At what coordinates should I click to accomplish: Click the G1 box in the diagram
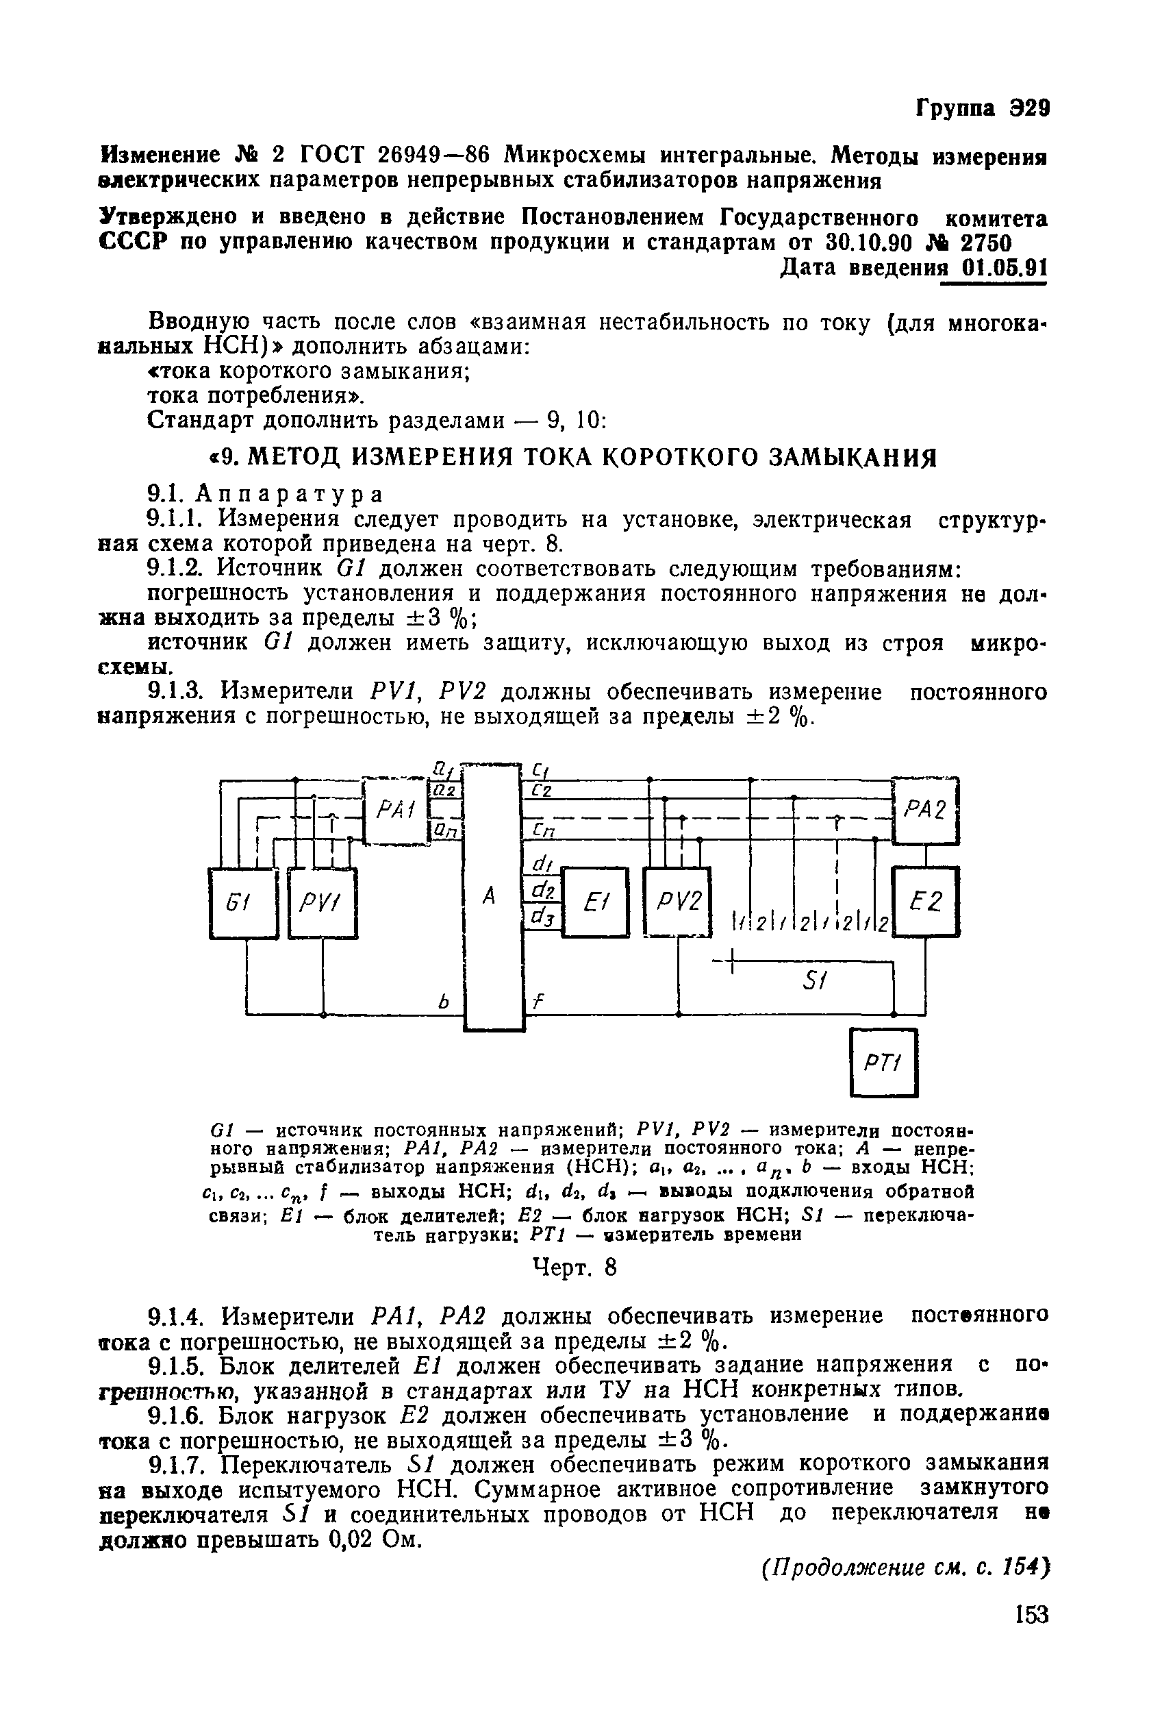pyautogui.click(x=243, y=902)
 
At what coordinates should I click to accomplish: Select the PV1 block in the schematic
pyautogui.click(x=323, y=902)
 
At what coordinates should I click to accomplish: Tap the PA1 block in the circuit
pyautogui.click(x=396, y=810)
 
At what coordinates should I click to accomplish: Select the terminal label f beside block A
pyautogui.click(x=536, y=1002)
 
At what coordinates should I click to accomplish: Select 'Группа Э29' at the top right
pyautogui.click(x=982, y=109)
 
